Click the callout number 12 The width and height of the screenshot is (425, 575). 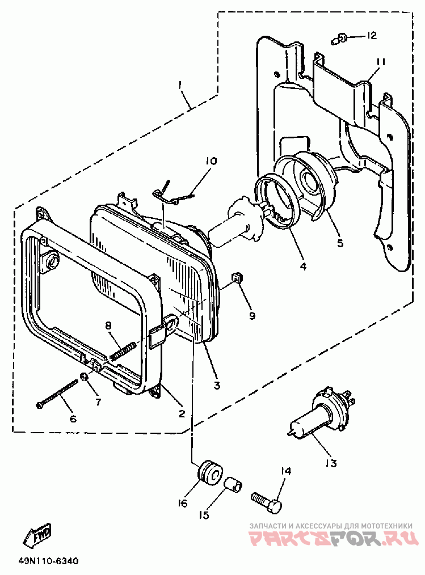pos(371,36)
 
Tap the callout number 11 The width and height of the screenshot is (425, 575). pos(380,62)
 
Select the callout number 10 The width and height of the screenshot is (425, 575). pos(211,162)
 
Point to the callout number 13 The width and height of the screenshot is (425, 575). pos(331,463)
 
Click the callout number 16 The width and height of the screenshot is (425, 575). pos(182,503)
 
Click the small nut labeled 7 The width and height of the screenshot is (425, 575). pos(83,378)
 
